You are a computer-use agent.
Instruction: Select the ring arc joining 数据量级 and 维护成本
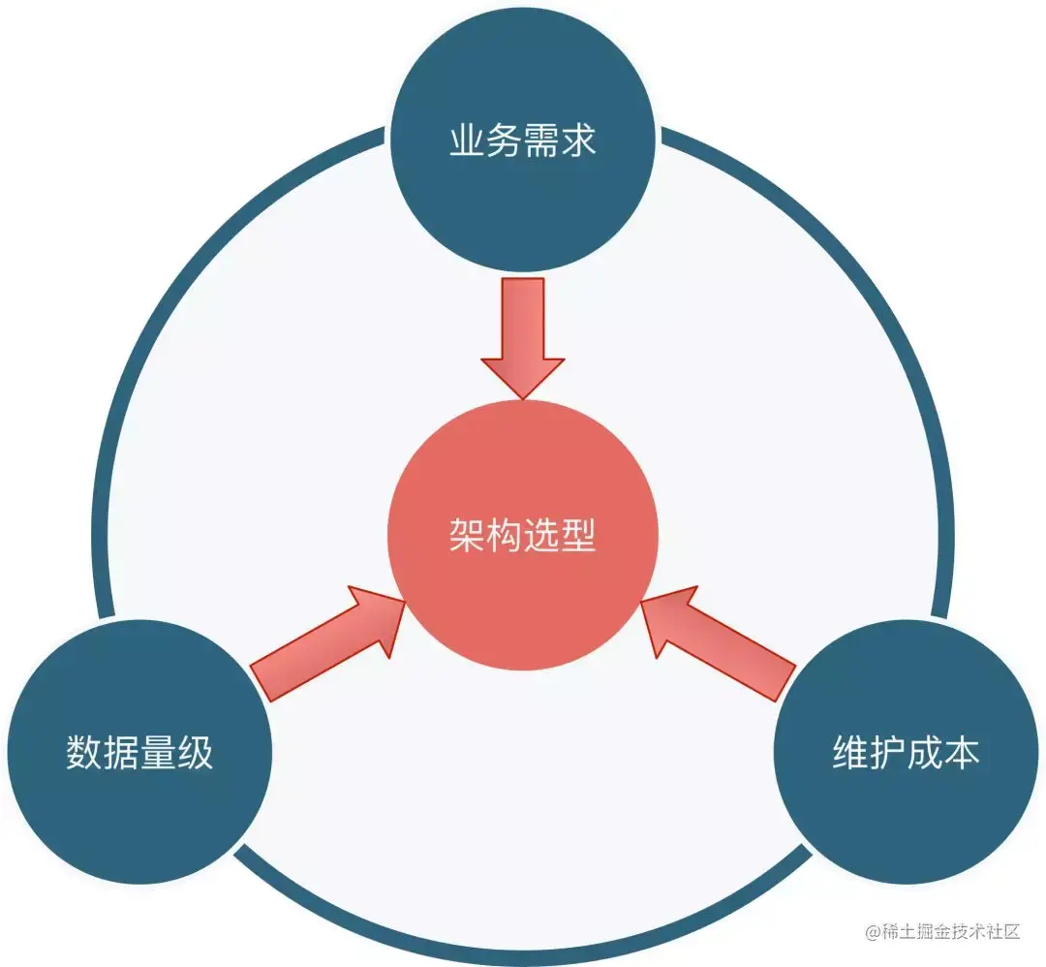tap(523, 946)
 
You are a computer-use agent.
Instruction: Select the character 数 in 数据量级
tap(84, 753)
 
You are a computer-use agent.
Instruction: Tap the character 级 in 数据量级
tap(195, 753)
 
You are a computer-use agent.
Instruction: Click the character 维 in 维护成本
tap(851, 753)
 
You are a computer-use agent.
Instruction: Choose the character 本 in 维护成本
tap(962, 753)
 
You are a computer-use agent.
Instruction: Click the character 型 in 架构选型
tap(578, 535)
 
